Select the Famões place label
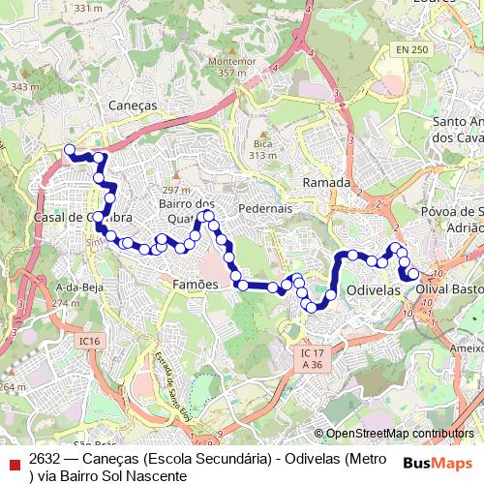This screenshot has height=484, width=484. tap(196, 285)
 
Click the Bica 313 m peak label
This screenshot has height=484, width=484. tap(262, 148)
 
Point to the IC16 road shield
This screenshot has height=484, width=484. tap(90, 341)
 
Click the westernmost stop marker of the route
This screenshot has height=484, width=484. tap(69, 149)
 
